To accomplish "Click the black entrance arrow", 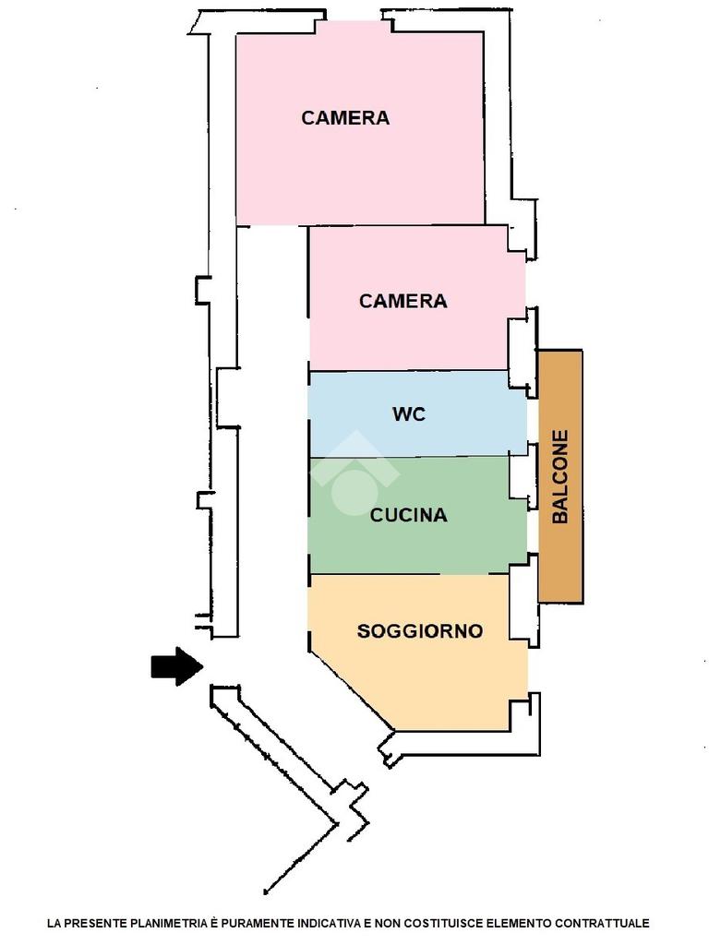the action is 176,666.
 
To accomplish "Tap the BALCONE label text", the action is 560,476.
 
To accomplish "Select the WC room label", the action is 409,414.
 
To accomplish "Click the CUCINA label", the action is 408,515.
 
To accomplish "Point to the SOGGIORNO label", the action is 420,631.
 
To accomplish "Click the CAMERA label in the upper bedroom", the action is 345,117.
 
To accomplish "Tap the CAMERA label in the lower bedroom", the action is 403,301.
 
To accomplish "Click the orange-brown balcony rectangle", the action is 560,476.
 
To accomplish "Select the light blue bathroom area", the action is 417,414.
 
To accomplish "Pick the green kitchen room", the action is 417,515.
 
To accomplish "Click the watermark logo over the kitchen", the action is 354,472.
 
